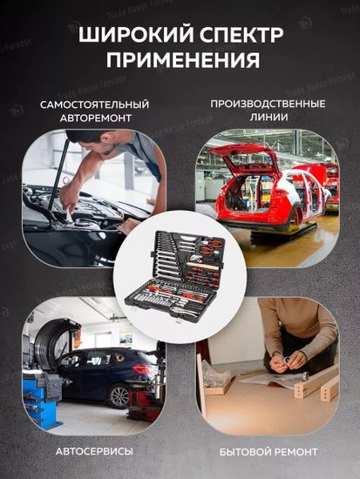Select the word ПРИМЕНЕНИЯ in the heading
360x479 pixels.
[183, 59]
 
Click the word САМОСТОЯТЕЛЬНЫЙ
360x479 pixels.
[94, 105]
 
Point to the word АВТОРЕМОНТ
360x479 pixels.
[96, 118]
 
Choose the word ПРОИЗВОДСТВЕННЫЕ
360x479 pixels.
[268, 104]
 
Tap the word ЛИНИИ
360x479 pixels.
[268, 117]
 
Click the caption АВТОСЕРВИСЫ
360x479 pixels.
[94, 451]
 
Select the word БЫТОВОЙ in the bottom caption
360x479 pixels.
[245, 452]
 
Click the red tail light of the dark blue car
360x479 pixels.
[142, 369]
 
